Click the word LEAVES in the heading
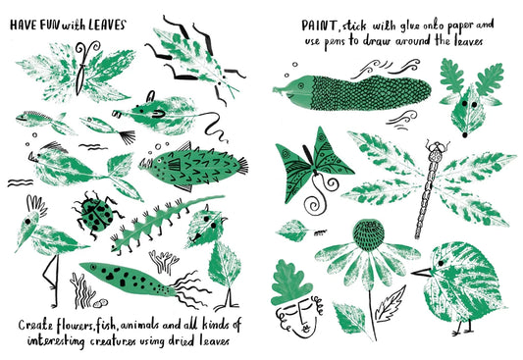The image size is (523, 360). point(108,25)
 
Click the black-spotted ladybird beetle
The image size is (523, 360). point(96,214)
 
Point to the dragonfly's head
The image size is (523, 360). point(437,147)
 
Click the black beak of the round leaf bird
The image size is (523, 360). point(421,273)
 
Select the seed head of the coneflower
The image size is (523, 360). point(368,234)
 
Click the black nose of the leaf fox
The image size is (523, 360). point(465,134)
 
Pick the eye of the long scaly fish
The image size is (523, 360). point(301,85)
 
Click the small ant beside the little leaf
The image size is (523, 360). point(320,232)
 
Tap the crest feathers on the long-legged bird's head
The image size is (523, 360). point(36,205)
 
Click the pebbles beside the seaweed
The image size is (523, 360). point(100,302)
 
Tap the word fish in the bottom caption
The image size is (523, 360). point(104,325)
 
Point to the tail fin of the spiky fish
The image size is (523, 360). point(242,166)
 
